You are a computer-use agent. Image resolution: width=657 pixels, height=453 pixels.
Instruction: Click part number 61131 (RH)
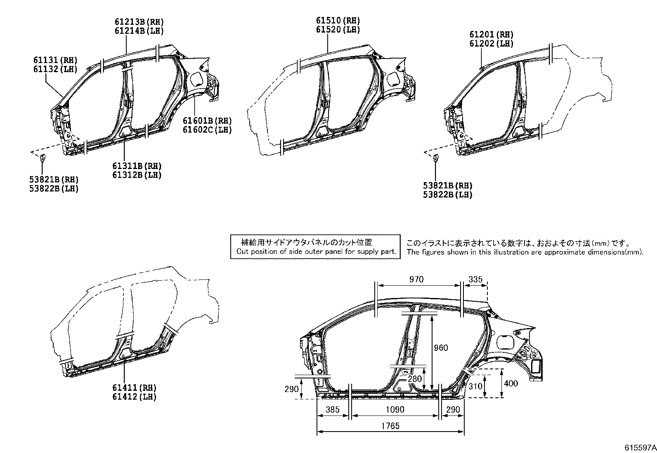click(x=55, y=60)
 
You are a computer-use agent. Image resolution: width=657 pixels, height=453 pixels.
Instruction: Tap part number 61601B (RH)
click(x=207, y=121)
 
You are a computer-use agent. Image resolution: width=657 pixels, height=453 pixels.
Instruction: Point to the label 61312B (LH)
click(x=137, y=175)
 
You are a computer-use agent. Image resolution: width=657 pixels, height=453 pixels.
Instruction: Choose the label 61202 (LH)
click(x=491, y=43)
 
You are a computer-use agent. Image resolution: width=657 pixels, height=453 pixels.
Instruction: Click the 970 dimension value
click(x=416, y=279)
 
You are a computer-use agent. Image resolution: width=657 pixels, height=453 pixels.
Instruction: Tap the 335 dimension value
click(x=475, y=279)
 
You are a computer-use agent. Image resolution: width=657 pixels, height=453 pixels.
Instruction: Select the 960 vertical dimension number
click(x=441, y=348)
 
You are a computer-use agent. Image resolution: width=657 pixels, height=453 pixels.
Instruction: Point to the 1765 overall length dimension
click(x=390, y=426)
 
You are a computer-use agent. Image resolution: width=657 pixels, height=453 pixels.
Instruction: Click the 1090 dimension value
click(x=395, y=410)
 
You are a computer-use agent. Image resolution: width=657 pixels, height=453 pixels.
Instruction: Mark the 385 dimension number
click(x=332, y=410)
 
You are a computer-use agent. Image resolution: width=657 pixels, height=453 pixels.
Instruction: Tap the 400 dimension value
click(x=511, y=384)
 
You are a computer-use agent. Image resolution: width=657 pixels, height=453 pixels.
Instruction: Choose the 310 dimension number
click(x=475, y=386)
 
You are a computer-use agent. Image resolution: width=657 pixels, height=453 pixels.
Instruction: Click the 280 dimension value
click(x=414, y=379)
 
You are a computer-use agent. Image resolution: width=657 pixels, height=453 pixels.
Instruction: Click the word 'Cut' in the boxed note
click(x=242, y=251)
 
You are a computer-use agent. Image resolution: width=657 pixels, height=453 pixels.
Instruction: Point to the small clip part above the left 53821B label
click(x=42, y=157)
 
